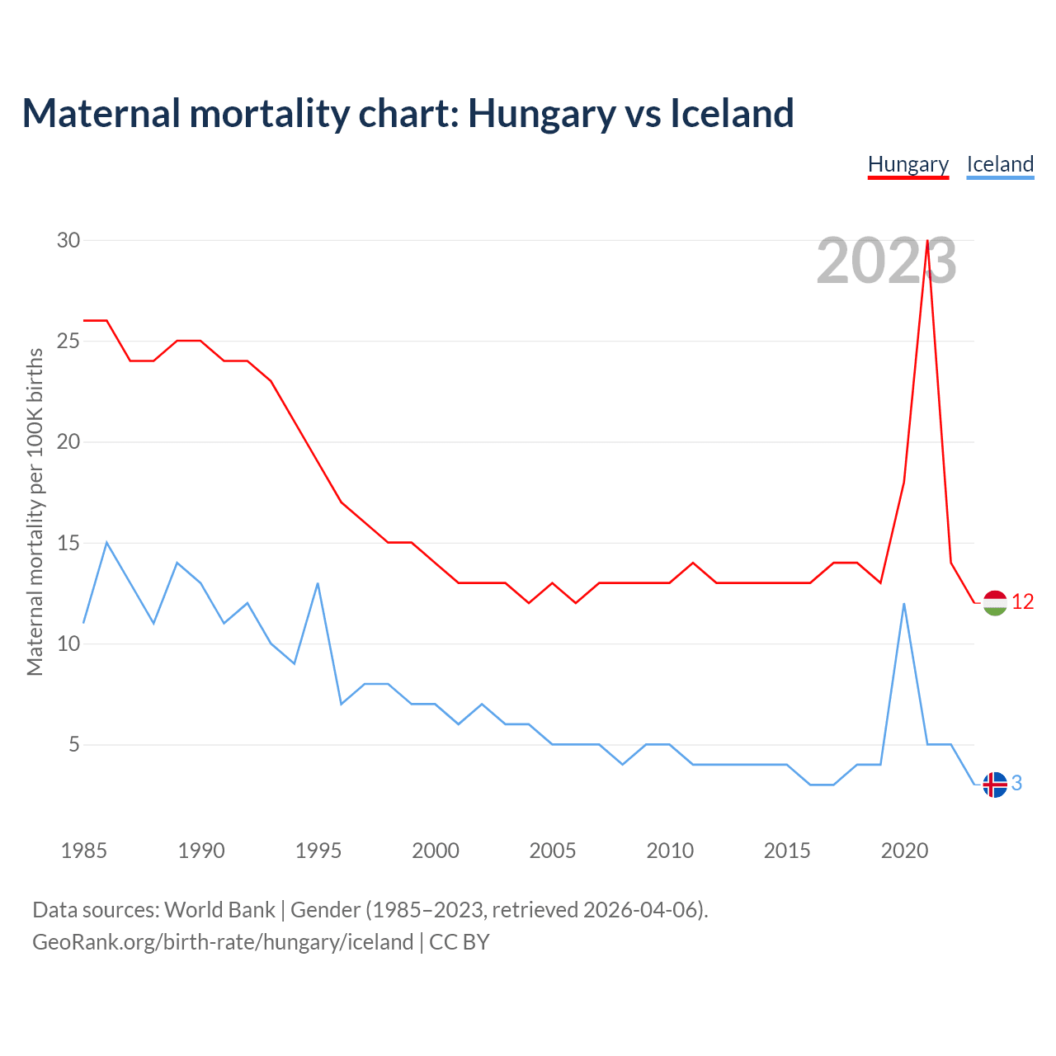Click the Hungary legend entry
pyautogui.click(x=908, y=164)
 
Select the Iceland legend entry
pyautogui.click(x=1000, y=164)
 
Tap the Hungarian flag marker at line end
pyautogui.click(x=995, y=603)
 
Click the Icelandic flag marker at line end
pyautogui.click(x=995, y=785)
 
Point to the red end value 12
pyautogui.click(x=1023, y=602)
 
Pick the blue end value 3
pyautogui.click(x=1017, y=784)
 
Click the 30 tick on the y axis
pyautogui.click(x=68, y=240)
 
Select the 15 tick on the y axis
pyautogui.click(x=68, y=543)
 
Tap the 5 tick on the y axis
pyautogui.click(x=74, y=745)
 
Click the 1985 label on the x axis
pyautogui.click(x=84, y=851)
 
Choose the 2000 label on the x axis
pyautogui.click(x=436, y=851)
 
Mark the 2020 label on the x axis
pyautogui.click(x=904, y=851)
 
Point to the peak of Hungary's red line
pyautogui.click(x=928, y=241)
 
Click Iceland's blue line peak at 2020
pyautogui.click(x=904, y=604)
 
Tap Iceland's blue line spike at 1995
pyautogui.click(x=318, y=583)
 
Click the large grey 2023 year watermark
pyautogui.click(x=886, y=262)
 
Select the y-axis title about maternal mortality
pyautogui.click(x=35, y=511)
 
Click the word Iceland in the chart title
pyautogui.click(x=731, y=113)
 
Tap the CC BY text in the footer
pyautogui.click(x=460, y=942)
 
